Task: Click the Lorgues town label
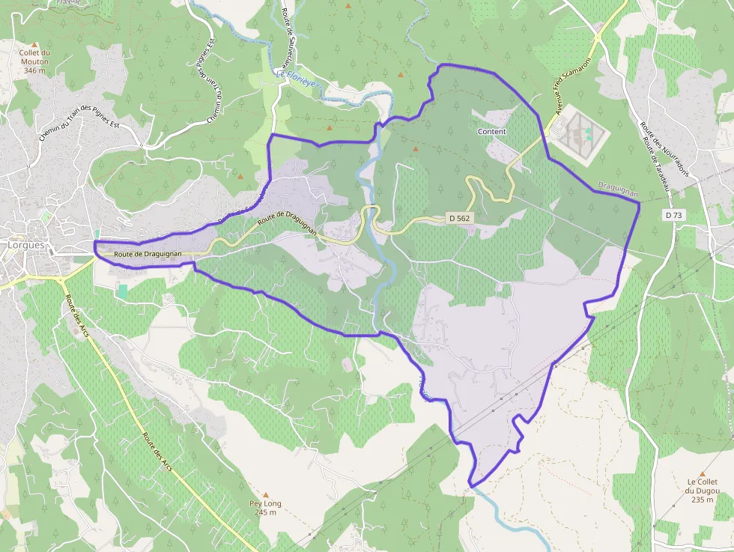tap(25, 245)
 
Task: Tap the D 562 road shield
tap(460, 217)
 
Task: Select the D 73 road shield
tap(673, 215)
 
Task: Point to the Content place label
tap(491, 132)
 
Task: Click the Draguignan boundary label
tap(618, 189)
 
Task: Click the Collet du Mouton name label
tap(34, 57)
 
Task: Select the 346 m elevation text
tap(34, 70)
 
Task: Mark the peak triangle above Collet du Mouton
tap(34, 45)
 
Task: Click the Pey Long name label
tap(266, 503)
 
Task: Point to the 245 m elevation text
tap(266, 513)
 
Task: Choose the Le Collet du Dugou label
tap(702, 486)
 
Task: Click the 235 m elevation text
tap(702, 500)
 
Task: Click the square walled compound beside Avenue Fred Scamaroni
tap(578, 133)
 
